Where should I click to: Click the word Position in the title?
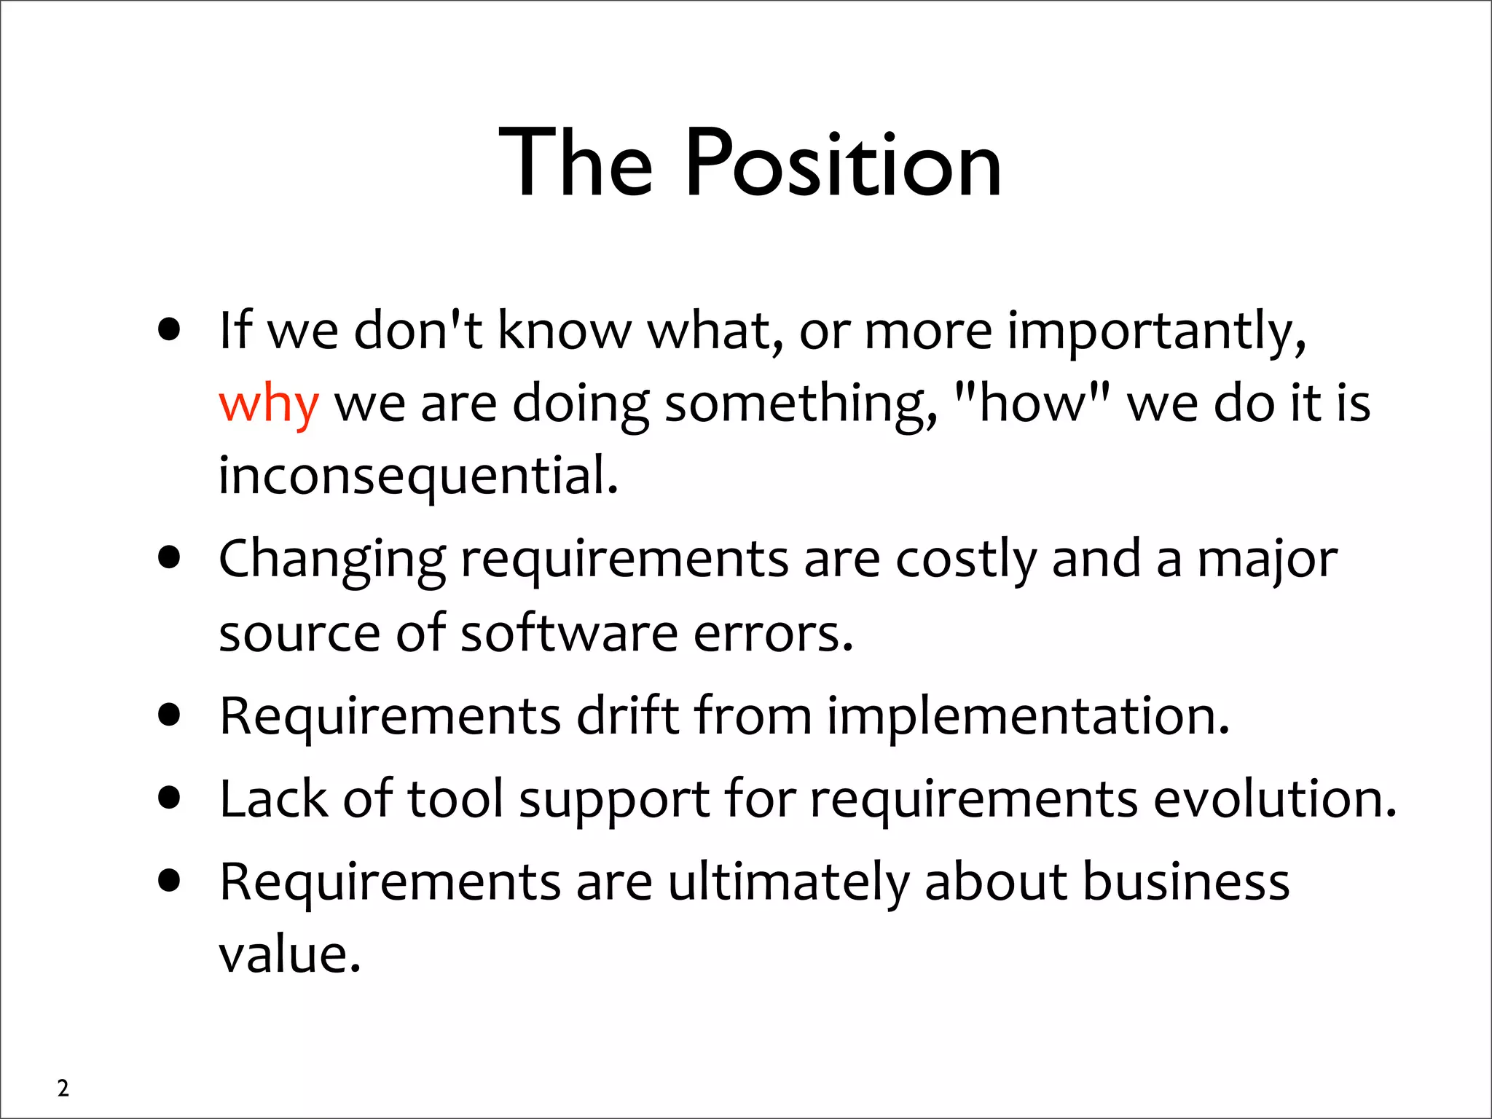[843, 165]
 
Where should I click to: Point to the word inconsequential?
[418, 476]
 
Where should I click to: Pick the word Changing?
[332, 560]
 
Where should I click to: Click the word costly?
[965, 560]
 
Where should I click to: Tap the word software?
[569, 632]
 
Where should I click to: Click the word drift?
[627, 715]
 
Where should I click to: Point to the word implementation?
[1028, 717]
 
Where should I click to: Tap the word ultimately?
[789, 882]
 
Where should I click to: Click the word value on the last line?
[289, 954]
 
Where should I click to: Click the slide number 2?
[63, 1088]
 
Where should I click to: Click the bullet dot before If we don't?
[169, 330]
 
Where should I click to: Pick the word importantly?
[1157, 331]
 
